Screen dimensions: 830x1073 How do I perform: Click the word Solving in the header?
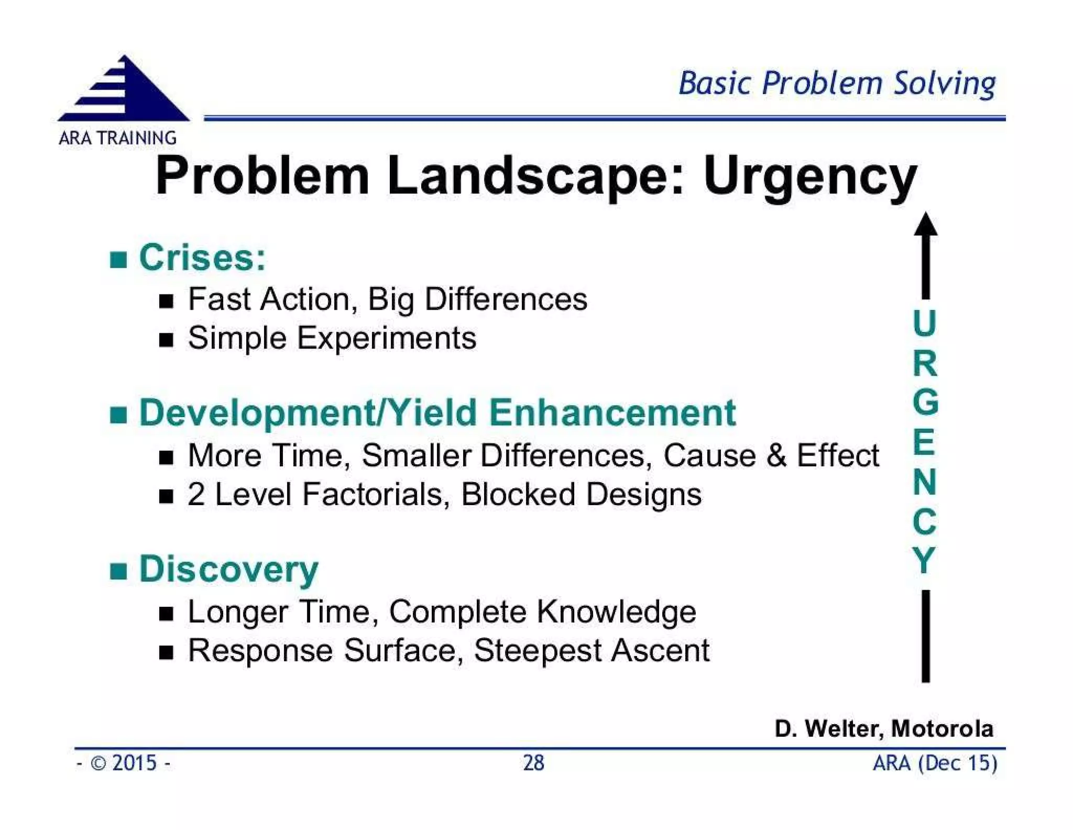click(x=944, y=84)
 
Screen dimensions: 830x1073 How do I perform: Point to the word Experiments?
click(x=387, y=338)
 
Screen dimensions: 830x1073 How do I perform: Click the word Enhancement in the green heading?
click(x=612, y=413)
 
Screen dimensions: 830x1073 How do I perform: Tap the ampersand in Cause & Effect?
click(x=776, y=455)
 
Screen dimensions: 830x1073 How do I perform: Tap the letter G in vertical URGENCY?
click(x=925, y=402)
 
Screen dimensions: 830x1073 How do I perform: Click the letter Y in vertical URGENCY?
click(x=924, y=561)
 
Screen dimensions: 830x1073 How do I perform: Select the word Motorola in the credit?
click(x=941, y=729)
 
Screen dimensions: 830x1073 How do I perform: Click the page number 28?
click(x=533, y=763)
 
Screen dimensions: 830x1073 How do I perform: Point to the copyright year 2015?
click(x=134, y=763)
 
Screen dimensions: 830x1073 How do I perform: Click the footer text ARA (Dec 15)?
click(x=935, y=763)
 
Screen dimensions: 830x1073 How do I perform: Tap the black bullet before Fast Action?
click(x=166, y=301)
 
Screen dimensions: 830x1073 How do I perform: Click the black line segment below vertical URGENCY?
click(x=926, y=637)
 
